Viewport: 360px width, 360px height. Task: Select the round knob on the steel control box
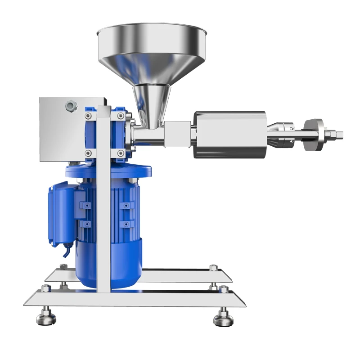point(71,106)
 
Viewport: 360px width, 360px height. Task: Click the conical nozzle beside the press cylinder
point(281,134)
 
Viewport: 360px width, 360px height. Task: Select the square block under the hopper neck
point(177,134)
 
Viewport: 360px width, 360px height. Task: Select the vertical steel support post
point(104,202)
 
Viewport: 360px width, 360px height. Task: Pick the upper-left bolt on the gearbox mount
point(88,117)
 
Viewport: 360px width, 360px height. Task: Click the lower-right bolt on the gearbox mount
point(120,153)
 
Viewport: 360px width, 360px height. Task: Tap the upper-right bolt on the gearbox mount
point(120,117)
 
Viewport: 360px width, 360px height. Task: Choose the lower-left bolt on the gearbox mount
point(88,153)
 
